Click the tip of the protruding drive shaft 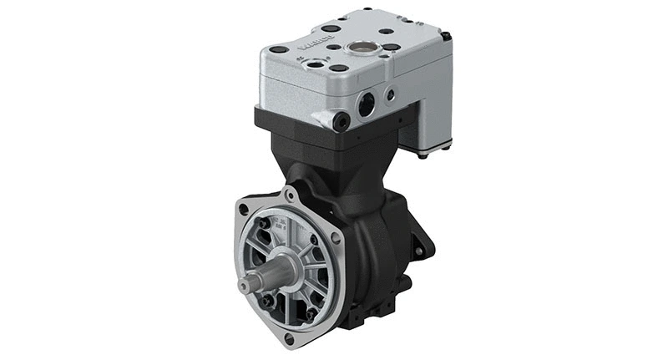pyautogui.click(x=245, y=286)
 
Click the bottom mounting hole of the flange pyautogui.click(x=288, y=339)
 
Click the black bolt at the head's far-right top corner pyautogui.click(x=447, y=36)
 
